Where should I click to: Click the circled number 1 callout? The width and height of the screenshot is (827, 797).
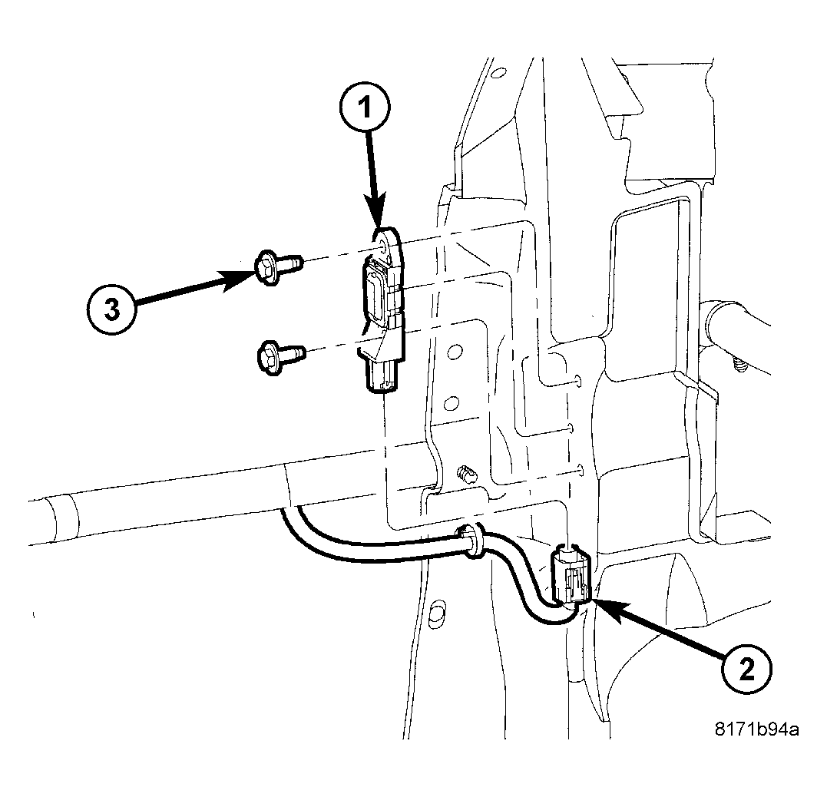tap(366, 108)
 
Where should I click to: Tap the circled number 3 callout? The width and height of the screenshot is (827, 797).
tap(112, 309)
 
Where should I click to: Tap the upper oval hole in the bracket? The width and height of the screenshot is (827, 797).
tap(454, 354)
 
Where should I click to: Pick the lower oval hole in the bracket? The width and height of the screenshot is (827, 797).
tap(452, 402)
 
